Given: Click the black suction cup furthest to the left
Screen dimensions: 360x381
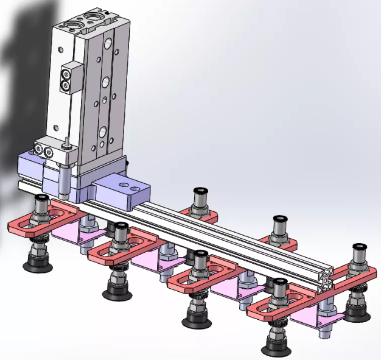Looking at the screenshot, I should click(x=37, y=264).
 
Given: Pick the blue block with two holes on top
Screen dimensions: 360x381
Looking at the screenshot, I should click(x=121, y=187).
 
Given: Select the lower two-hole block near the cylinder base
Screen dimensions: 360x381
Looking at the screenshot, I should click(x=47, y=149).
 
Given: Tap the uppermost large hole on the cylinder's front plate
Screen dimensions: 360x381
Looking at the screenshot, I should click(x=108, y=44).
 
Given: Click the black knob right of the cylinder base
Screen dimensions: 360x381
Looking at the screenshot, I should click(x=127, y=163).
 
